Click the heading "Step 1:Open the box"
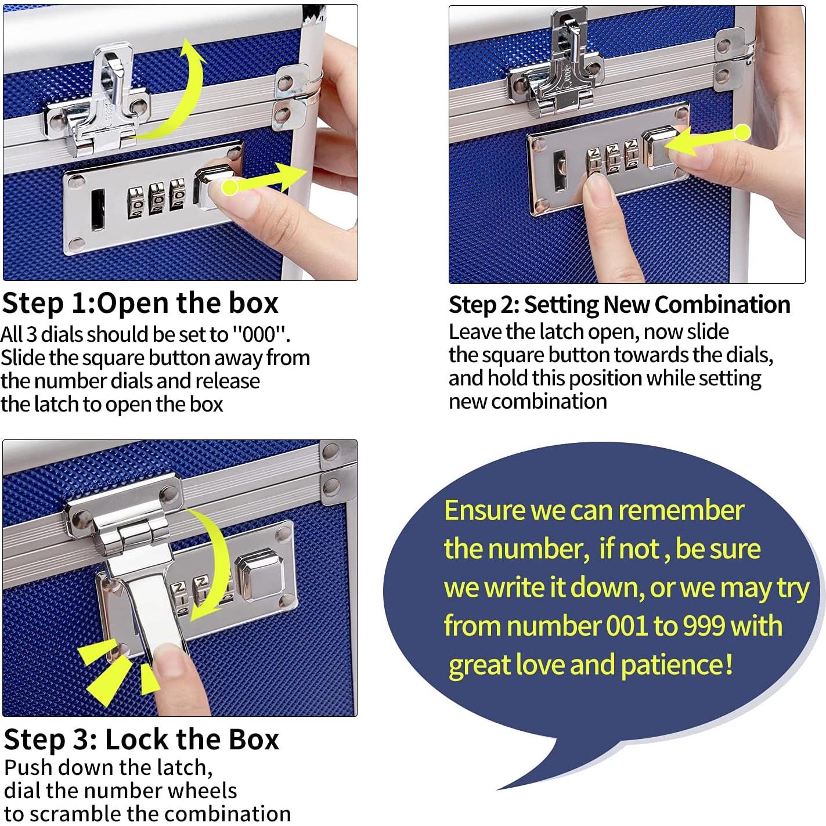pos(140,303)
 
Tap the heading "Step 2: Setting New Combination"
pos(619,305)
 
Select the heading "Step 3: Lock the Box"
pos(142,740)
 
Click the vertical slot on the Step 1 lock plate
pos(98,209)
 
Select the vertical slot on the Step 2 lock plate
pos(560,171)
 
